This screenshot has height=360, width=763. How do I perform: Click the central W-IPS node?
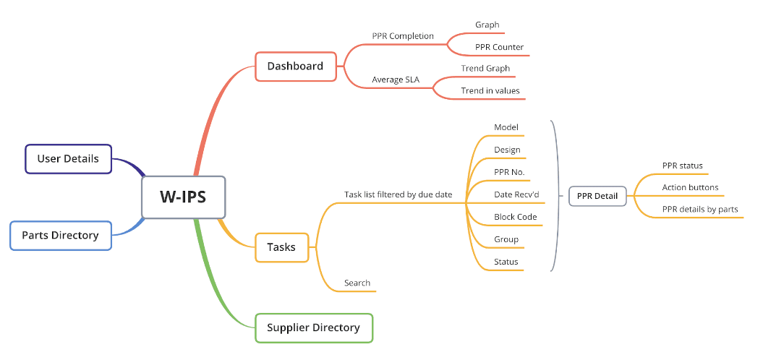184,197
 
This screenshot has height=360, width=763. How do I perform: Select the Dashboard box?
295,67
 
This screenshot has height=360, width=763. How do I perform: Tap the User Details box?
68,159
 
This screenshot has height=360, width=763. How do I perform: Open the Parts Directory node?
60,235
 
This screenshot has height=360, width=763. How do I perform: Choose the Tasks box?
281,247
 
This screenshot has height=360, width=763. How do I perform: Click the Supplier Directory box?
313,327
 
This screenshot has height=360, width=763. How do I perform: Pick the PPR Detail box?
597,196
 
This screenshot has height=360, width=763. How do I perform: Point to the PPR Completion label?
403,35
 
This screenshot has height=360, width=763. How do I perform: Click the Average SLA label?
396,80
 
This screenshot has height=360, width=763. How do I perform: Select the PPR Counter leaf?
499,47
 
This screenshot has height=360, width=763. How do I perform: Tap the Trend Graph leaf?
485,69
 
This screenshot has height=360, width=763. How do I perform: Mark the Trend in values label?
490,91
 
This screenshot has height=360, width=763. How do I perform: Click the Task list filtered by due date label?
398,194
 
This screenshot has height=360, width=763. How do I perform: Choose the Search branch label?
357,283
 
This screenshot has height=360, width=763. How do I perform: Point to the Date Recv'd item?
516,194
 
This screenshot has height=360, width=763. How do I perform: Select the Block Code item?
515,217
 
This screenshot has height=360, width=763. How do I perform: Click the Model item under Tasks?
506,127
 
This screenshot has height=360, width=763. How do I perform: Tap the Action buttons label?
690,188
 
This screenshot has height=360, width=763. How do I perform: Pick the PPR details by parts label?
700,210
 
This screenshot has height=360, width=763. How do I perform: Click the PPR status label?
682,166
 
